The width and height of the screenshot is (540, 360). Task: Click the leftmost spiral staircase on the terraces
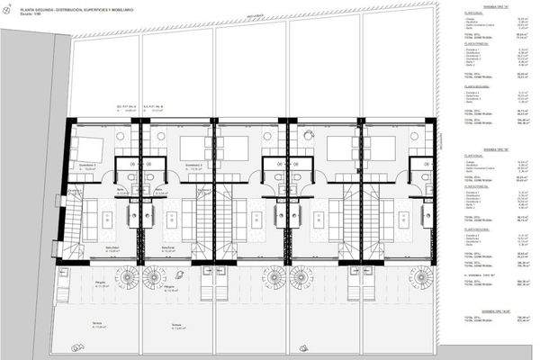pyautogui.click(x=121, y=274)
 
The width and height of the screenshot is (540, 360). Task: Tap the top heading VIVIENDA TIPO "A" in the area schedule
pyautogui.click(x=476, y=4)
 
